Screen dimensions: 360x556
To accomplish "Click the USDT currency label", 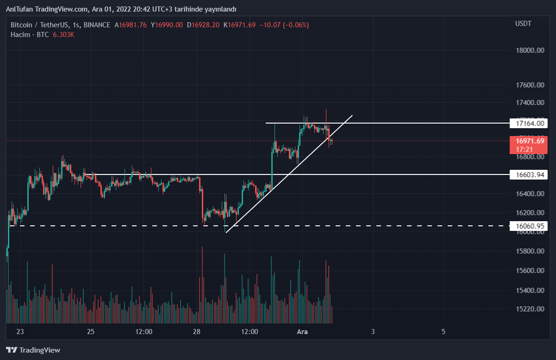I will (x=524, y=24).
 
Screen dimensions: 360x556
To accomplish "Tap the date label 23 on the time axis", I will (x=20, y=332).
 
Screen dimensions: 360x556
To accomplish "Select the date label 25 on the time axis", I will (x=91, y=332).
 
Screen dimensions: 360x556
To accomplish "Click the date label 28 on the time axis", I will (x=196, y=332).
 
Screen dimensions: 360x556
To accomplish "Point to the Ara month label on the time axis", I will (x=302, y=332).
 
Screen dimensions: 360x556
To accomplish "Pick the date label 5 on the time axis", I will (x=444, y=332).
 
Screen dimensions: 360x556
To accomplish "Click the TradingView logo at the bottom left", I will (x=33, y=350).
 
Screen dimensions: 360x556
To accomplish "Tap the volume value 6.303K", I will (x=63, y=35).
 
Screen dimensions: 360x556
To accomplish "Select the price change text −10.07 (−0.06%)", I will (x=284, y=25).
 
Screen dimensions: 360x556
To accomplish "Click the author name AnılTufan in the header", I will (x=19, y=9).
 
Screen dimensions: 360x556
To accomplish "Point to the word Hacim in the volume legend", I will (x=20, y=35).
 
